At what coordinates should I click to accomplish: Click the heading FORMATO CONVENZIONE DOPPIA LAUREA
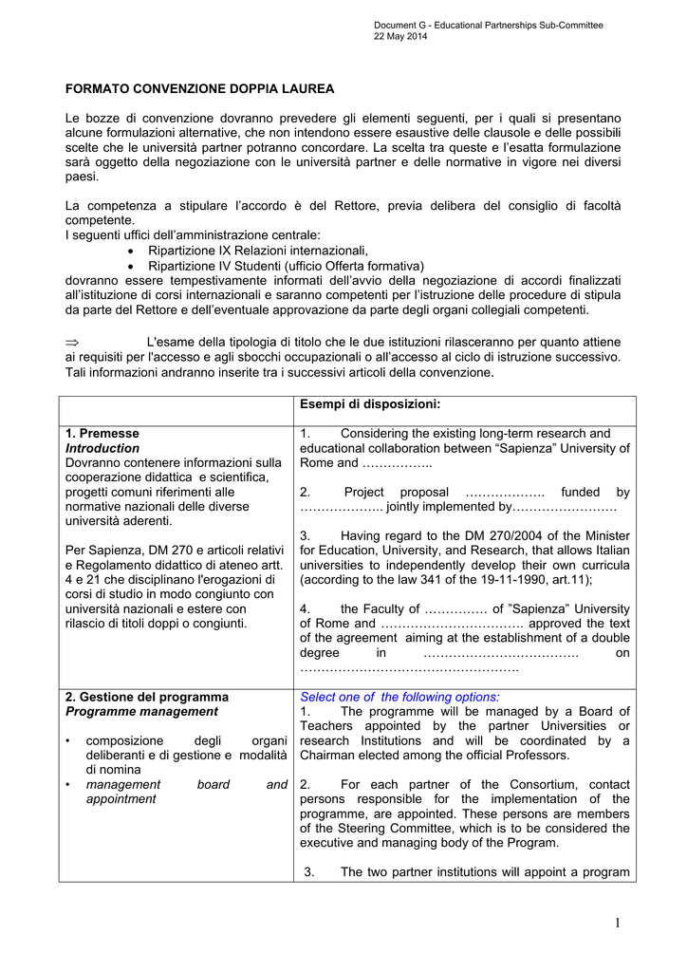[199, 89]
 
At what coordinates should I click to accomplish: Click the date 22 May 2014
[400, 36]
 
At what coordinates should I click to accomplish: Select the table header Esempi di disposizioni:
[370, 404]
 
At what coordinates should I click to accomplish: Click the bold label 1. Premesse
[102, 433]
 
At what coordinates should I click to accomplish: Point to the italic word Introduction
[102, 448]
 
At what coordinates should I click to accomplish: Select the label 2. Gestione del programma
[147, 697]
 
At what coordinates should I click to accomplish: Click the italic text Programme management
[141, 711]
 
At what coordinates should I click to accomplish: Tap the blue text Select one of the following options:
[399, 697]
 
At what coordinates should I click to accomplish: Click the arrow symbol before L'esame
[75, 342]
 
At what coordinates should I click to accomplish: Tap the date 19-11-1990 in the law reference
[512, 579]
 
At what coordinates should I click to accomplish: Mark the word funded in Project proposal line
[581, 492]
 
